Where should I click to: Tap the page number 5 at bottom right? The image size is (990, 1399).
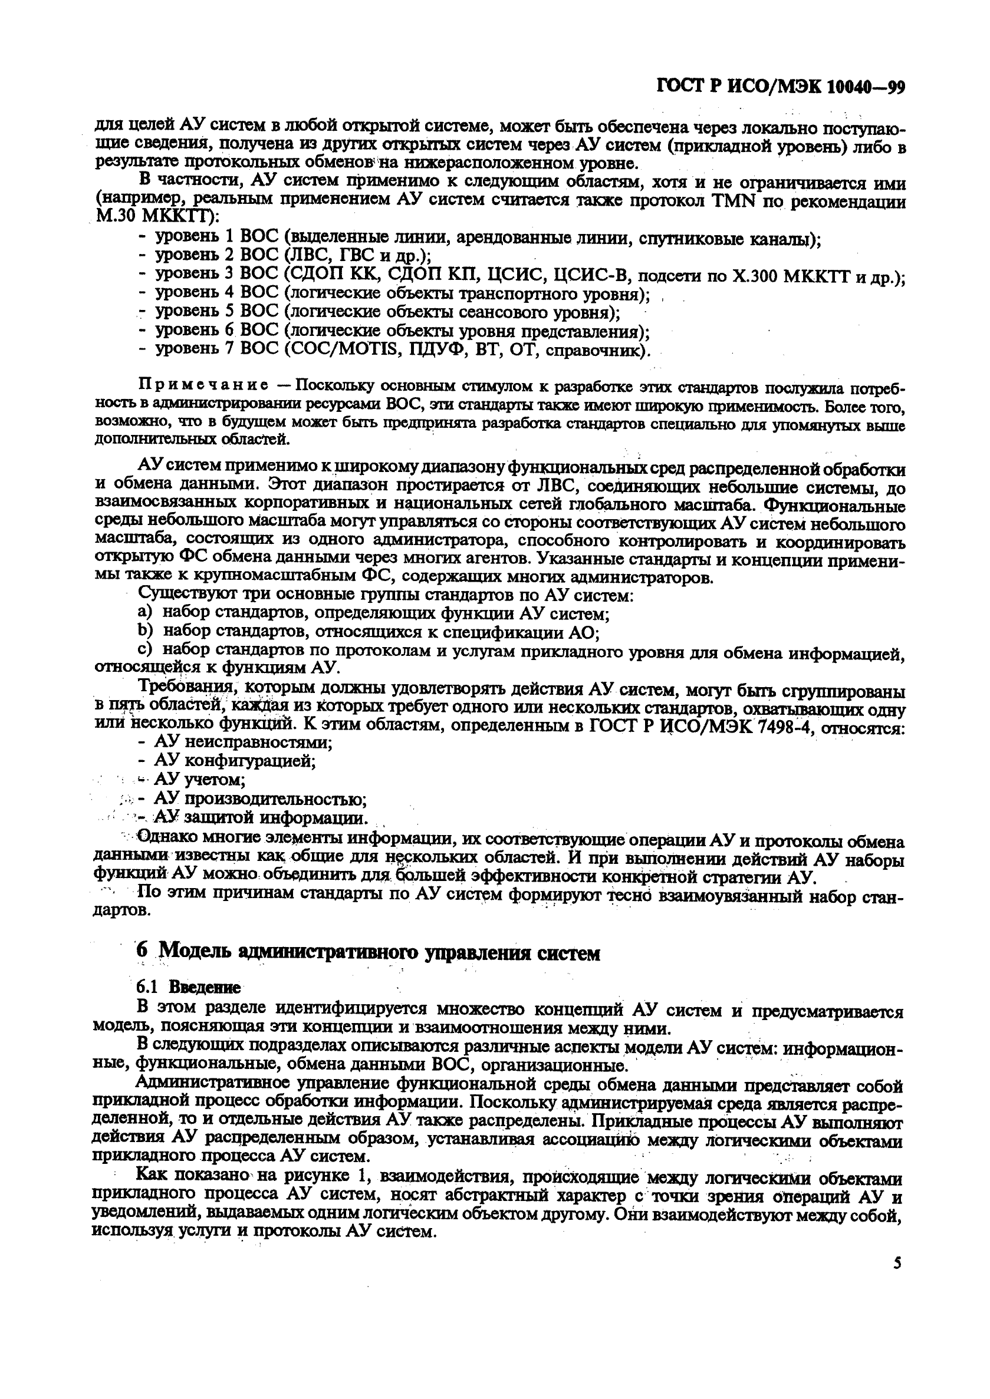click(897, 1263)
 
